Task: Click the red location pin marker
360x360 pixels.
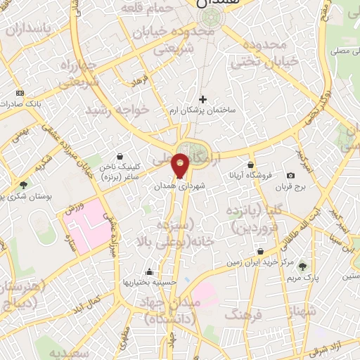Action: coord(181,165)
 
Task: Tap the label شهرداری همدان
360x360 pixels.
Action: coord(181,186)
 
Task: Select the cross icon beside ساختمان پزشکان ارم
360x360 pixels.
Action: coord(204,99)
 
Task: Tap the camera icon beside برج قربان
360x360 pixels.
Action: coord(291,175)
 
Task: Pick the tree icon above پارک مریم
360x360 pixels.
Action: coord(302,266)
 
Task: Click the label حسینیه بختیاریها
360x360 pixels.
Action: coord(148,283)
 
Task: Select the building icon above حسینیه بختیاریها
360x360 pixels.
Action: coord(148,271)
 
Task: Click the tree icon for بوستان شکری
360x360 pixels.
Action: coord(24,186)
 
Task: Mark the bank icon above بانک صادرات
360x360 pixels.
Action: coord(19,93)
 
